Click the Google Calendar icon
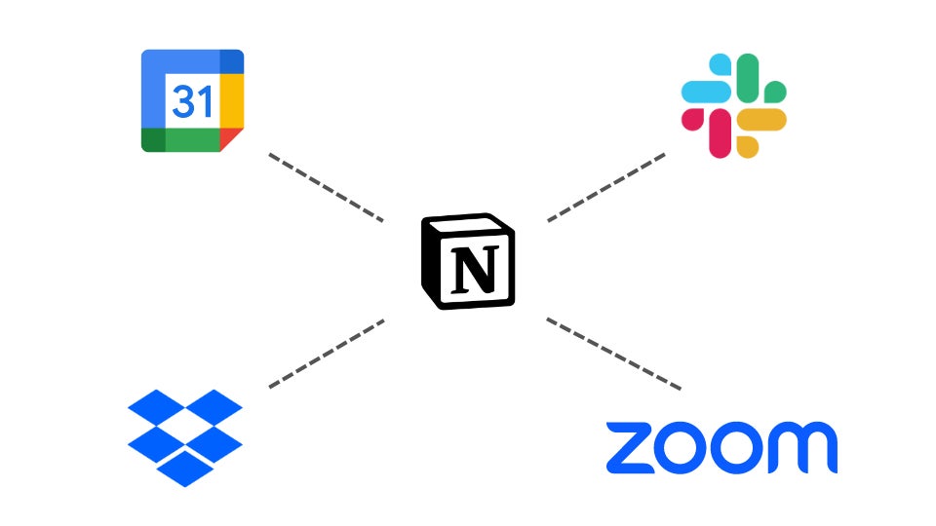tap(192, 100)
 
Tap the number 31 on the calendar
tap(192, 100)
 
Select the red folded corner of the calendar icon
tap(231, 139)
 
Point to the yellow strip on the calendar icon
tap(231, 100)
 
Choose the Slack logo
tap(733, 105)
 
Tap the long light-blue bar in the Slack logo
tap(706, 92)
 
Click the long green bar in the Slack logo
tap(748, 78)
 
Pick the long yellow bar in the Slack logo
tap(761, 120)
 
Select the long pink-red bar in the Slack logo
tap(720, 133)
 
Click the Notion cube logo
tap(468, 261)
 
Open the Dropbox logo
tap(185, 436)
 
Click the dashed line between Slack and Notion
tap(606, 187)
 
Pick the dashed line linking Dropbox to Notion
tap(326, 353)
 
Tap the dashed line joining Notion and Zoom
tap(612, 354)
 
